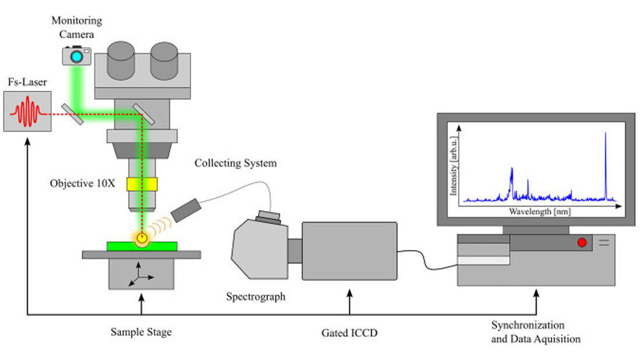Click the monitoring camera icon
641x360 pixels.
pyautogui.click(x=77, y=55)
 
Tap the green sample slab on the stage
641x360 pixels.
pyautogui.click(x=142, y=246)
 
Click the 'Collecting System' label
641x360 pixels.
pyautogui.click(x=235, y=163)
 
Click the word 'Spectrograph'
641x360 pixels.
pyautogui.click(x=256, y=297)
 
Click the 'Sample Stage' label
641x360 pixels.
pyautogui.click(x=141, y=333)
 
